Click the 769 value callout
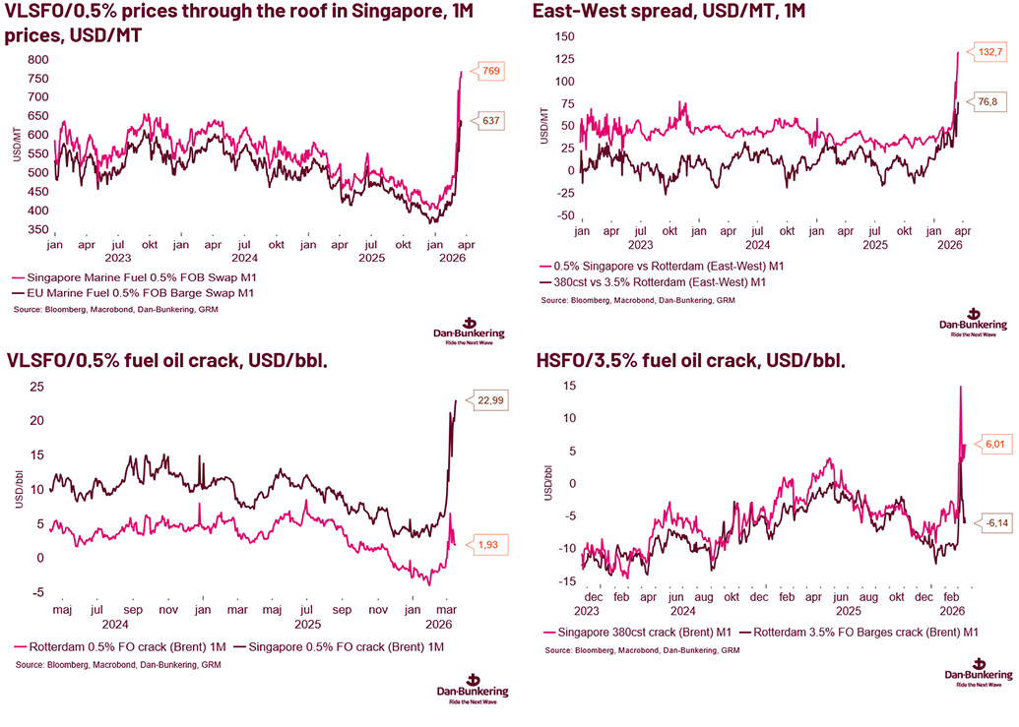click(x=492, y=70)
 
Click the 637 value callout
click(x=492, y=120)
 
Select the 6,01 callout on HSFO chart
click(x=993, y=444)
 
